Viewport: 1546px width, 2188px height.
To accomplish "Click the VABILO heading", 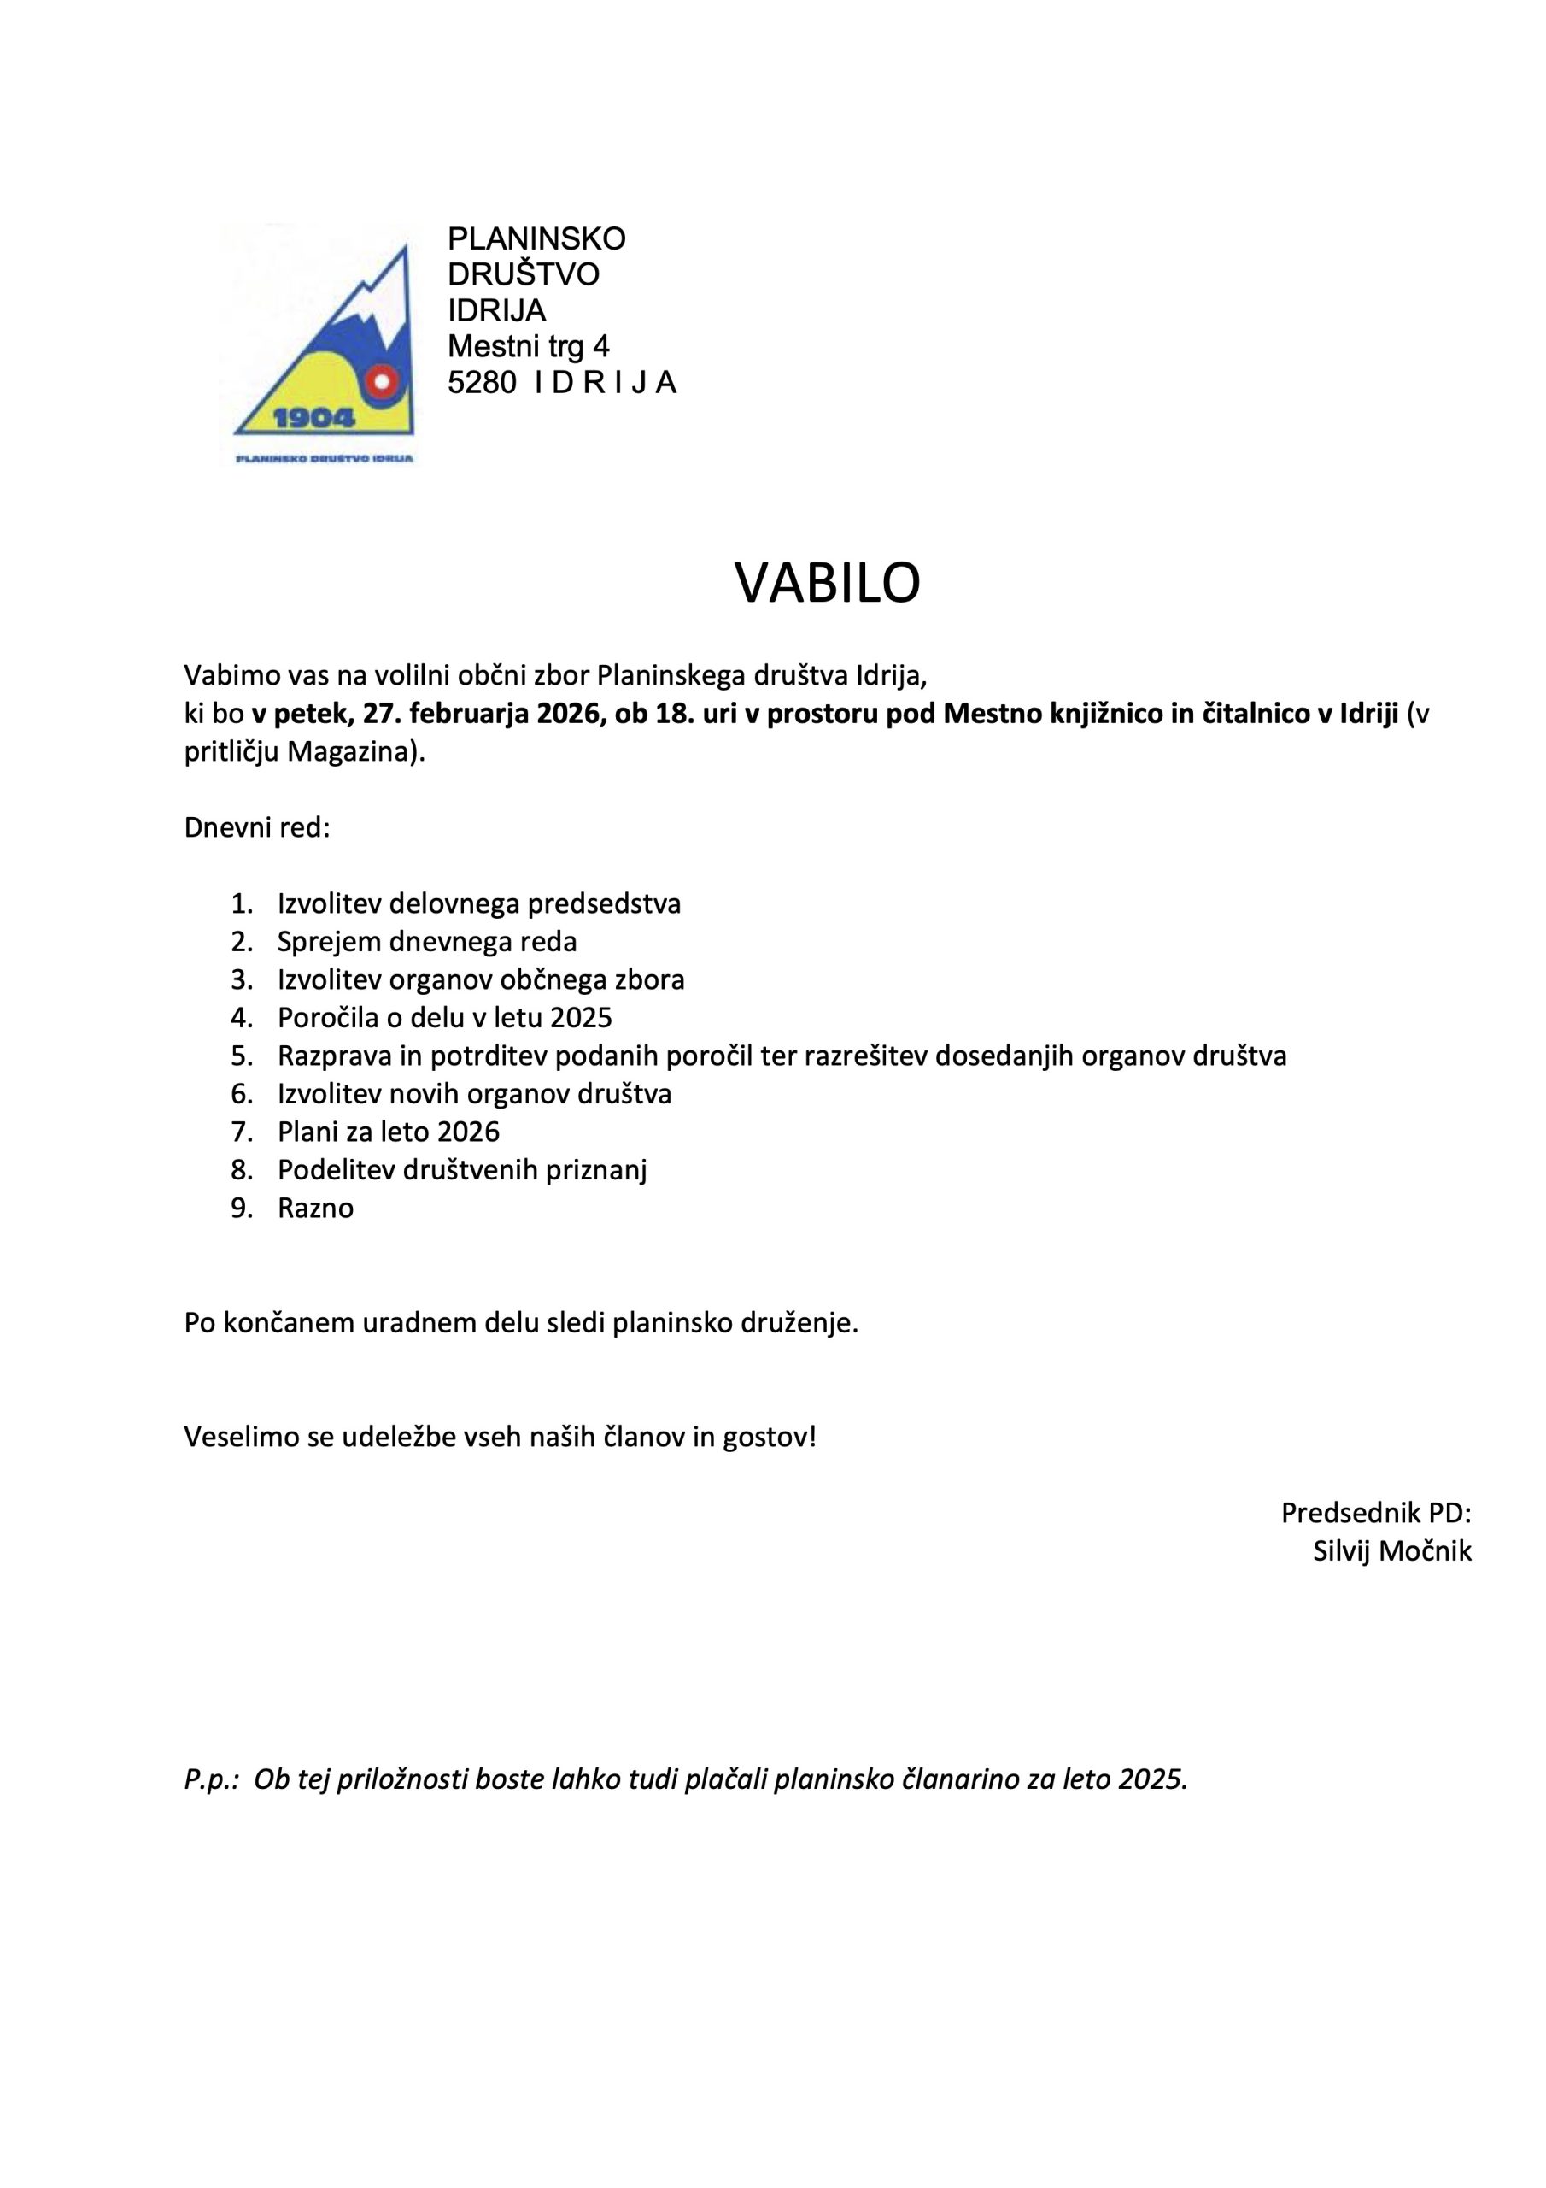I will (827, 583).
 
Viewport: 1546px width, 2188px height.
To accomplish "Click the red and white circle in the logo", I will (383, 382).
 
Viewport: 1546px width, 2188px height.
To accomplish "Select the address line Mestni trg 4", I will (529, 346).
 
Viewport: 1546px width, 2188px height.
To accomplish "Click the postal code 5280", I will (482, 382).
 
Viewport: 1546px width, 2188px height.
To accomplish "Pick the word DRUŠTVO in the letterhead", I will (523, 274).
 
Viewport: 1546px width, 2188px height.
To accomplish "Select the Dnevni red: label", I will (257, 827).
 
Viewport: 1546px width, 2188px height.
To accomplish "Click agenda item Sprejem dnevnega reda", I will (427, 942).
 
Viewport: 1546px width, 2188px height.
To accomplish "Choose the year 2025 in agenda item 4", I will (581, 1018).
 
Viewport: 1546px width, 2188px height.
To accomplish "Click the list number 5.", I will (241, 1056).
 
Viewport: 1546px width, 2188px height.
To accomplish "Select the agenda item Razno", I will (315, 1208).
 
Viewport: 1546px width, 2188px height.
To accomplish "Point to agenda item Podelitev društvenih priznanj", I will (462, 1169).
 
